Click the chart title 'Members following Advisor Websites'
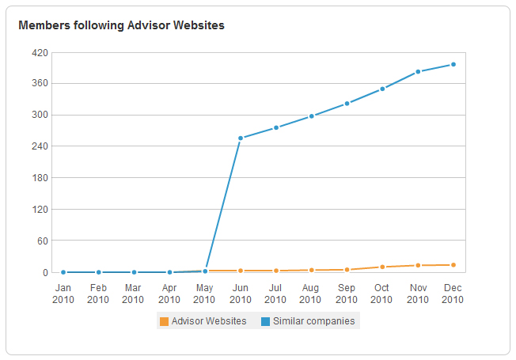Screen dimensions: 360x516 (121, 25)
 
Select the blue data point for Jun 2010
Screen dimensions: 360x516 (240, 138)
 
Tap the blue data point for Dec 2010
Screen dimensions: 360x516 (453, 64)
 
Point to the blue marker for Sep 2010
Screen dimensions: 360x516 (347, 104)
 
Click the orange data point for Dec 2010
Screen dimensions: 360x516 (453, 265)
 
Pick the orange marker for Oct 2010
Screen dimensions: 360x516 (382, 267)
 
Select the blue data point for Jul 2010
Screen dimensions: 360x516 (275, 127)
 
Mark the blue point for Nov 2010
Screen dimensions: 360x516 (418, 72)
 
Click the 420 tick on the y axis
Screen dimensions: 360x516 (40, 53)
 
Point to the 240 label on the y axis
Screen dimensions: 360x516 (40, 146)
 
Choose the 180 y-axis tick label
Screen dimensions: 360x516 (40, 178)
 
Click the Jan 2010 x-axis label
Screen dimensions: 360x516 (63, 294)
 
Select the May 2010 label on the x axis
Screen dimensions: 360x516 (204, 294)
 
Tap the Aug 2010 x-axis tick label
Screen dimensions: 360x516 (311, 294)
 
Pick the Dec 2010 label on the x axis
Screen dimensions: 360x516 (453, 294)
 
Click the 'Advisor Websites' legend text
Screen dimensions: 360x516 (209, 321)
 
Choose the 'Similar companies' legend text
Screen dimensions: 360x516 (313, 321)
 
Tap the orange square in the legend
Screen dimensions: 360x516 (164, 321)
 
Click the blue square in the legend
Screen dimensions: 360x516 (265, 321)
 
